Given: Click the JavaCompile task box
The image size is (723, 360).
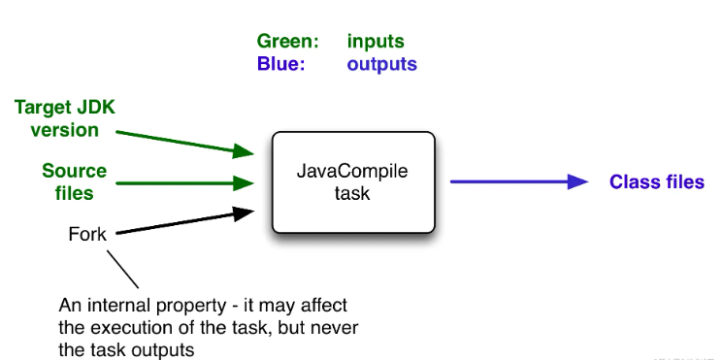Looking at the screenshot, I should (352, 182).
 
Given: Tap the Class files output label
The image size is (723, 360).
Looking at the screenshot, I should (656, 182).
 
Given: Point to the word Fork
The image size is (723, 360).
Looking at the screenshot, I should (87, 234).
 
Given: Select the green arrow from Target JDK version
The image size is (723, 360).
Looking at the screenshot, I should (184, 138).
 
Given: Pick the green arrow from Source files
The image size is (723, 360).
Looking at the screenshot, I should (184, 181).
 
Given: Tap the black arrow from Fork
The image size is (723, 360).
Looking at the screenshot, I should (184, 221).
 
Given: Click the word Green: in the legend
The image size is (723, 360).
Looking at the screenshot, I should (287, 42).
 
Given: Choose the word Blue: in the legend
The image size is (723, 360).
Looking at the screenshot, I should (280, 65).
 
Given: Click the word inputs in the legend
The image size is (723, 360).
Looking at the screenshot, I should (376, 42).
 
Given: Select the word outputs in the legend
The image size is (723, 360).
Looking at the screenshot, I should (381, 65).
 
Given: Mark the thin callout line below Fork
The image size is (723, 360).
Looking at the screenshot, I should (123, 266).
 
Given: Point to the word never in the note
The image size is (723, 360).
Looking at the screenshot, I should (337, 327).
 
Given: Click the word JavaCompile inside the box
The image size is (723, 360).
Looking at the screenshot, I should (352, 173).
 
